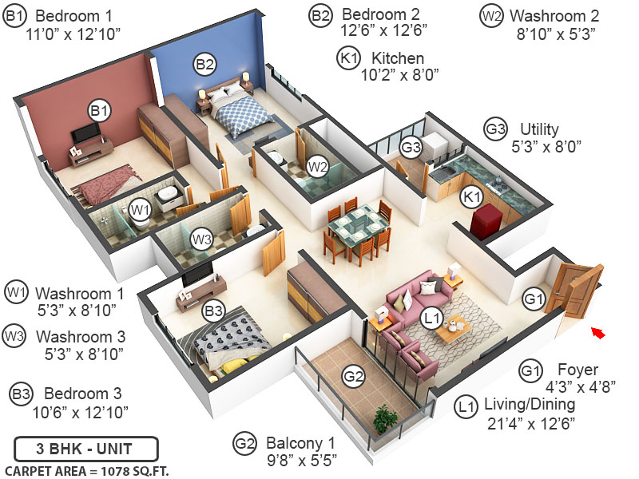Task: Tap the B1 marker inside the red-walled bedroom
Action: [x=100, y=110]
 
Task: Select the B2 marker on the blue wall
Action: [x=204, y=64]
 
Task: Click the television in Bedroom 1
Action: [x=87, y=133]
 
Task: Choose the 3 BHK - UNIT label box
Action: [x=86, y=447]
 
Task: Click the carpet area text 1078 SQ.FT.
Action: [x=86, y=469]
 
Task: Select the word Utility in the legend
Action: [x=540, y=129]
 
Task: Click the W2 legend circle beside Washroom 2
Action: [x=490, y=15]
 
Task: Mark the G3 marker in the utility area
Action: [x=411, y=147]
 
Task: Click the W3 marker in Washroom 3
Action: [x=200, y=238]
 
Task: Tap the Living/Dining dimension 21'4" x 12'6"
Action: [x=530, y=424]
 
